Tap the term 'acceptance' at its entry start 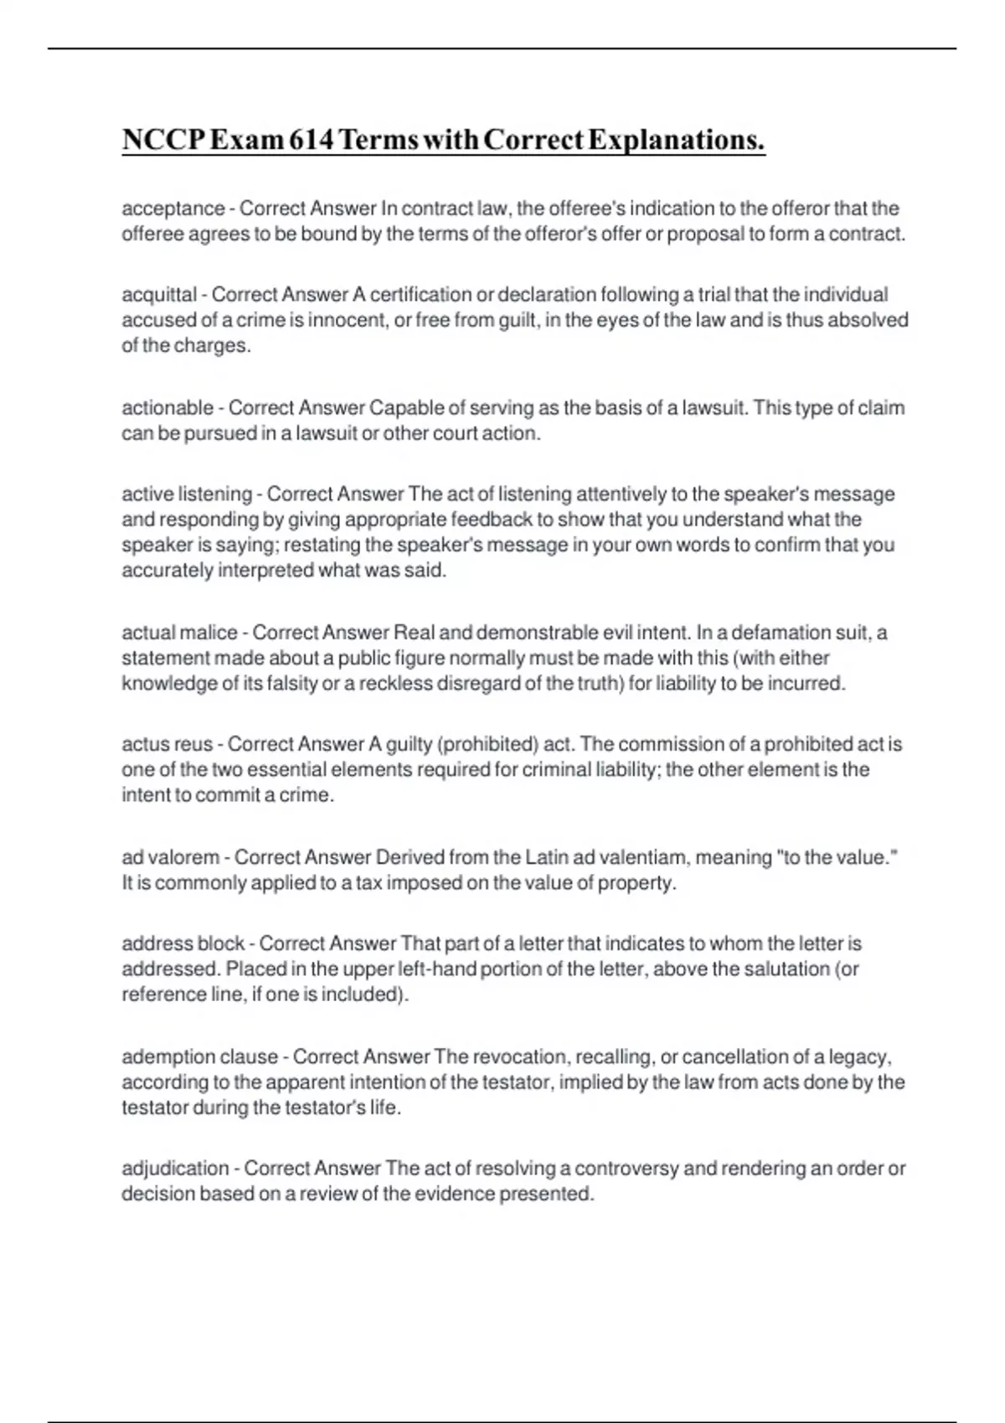[173, 208]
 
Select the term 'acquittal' [159, 295]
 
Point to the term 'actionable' [167, 408]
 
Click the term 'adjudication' [175, 1169]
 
